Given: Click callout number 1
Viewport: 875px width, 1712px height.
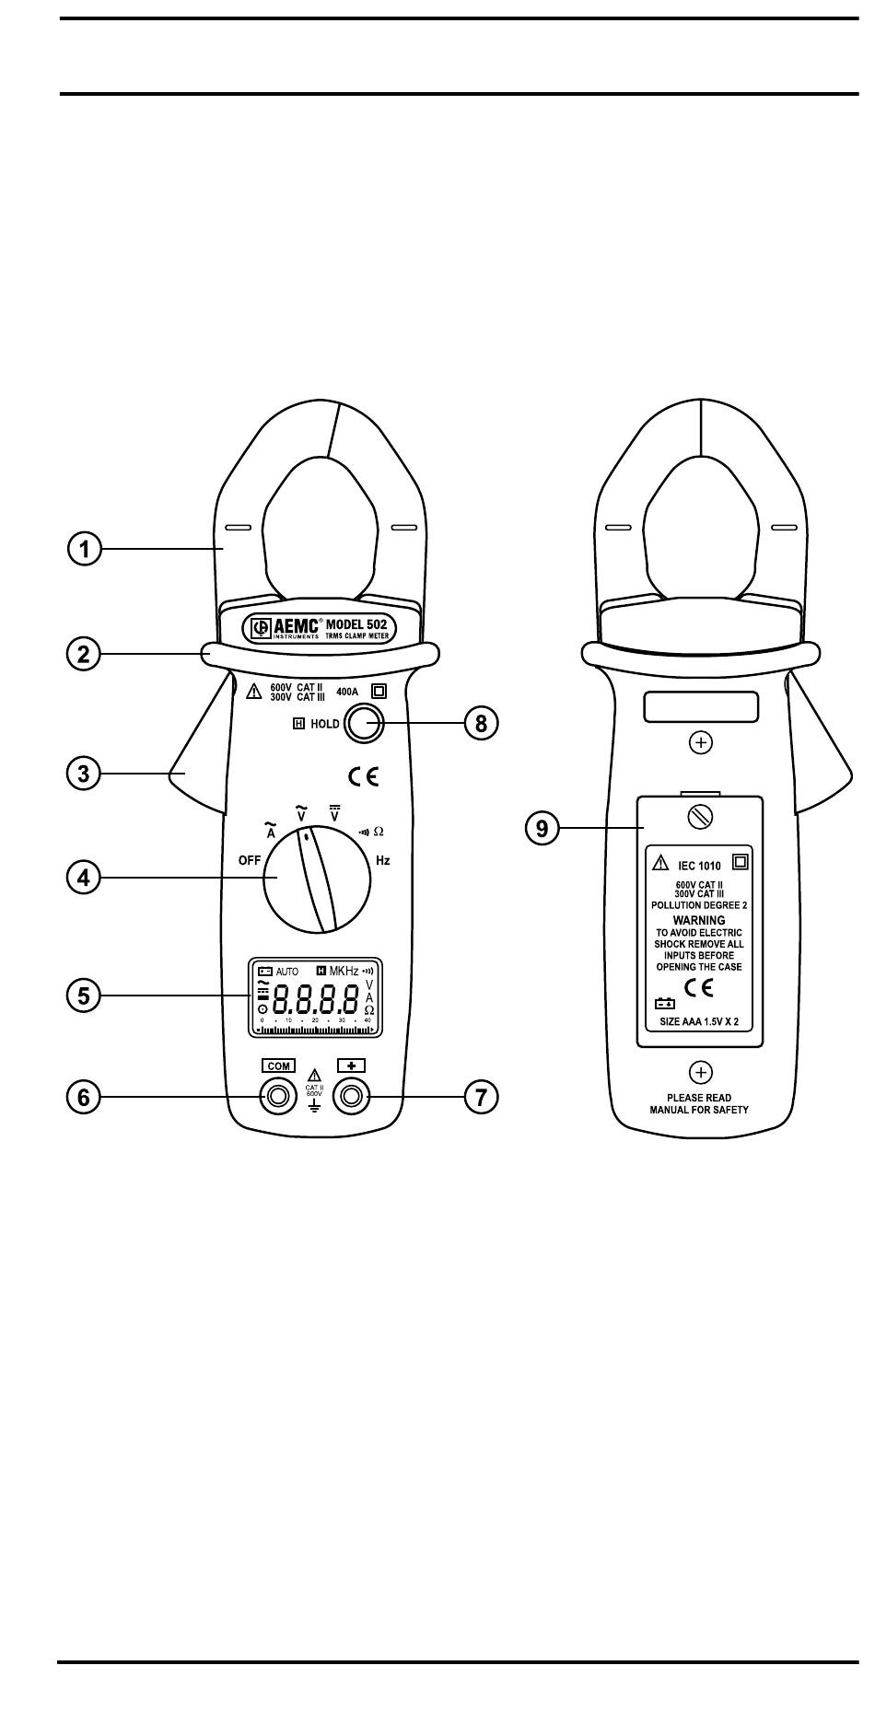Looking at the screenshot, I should coord(84,550).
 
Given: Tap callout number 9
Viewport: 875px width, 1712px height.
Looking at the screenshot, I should coord(542,828).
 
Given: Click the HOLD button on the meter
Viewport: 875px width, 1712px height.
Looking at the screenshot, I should coord(362,723).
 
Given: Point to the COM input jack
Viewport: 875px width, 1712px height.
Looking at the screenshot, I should coord(275,1096).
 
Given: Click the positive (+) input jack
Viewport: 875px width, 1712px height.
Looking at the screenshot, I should coord(351,1096).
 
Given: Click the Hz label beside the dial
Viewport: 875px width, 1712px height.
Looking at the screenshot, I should coord(382,860).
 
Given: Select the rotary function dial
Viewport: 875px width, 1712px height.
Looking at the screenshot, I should coord(318,879).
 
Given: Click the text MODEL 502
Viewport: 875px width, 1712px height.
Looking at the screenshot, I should coord(356,623).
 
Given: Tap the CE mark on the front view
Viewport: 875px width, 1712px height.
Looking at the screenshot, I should coord(363,776).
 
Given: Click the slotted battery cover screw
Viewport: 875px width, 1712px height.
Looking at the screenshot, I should coord(700,816).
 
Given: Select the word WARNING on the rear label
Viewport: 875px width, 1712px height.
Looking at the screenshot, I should coord(699,920).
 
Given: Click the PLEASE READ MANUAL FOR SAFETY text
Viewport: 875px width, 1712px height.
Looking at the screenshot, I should coord(699,1104).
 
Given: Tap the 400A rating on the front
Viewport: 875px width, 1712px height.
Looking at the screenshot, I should coord(347,692).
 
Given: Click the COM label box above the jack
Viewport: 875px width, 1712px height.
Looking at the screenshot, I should coord(278,1066).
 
